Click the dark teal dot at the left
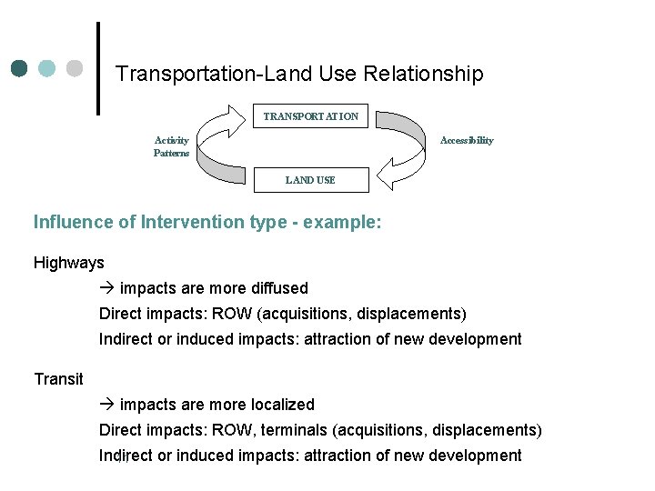click(x=20, y=68)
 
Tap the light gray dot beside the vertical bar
click(x=76, y=68)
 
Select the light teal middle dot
click(x=47, y=68)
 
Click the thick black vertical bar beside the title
click(x=97, y=68)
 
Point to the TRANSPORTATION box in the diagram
click(x=310, y=116)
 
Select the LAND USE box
click(x=310, y=180)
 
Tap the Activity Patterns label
click(x=171, y=146)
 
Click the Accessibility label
click(x=467, y=140)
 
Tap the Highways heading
click(x=69, y=263)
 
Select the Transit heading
click(x=58, y=379)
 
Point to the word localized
click(x=279, y=405)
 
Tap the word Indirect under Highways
click(x=126, y=339)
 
